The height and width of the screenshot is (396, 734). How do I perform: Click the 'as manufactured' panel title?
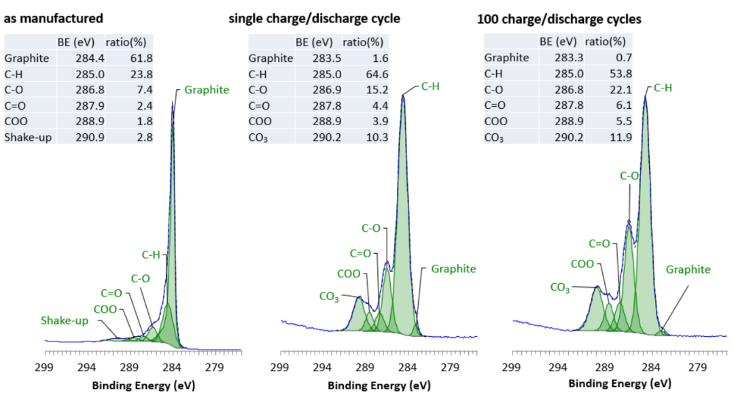pyautogui.click(x=54, y=18)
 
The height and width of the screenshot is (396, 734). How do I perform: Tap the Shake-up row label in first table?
pyautogui.click(x=27, y=138)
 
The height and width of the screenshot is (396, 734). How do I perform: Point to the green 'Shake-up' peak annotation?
pyautogui.click(x=65, y=320)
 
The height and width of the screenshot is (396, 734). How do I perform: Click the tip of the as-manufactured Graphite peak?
pyautogui.click(x=173, y=104)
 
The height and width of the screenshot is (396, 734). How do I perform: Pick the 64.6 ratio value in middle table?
pyautogui.click(x=375, y=74)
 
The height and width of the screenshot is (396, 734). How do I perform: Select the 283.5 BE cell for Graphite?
pyautogui.click(x=323, y=59)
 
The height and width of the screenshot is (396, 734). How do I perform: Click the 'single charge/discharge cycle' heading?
pyautogui.click(x=314, y=18)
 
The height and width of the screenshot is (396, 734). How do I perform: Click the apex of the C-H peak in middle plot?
pyautogui.click(x=403, y=95)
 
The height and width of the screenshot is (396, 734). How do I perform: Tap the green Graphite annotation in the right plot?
pyautogui.click(x=688, y=269)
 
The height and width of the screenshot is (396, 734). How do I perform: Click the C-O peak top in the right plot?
pyautogui.click(x=629, y=222)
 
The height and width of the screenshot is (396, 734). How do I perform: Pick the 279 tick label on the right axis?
pyautogui.click(x=697, y=369)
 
